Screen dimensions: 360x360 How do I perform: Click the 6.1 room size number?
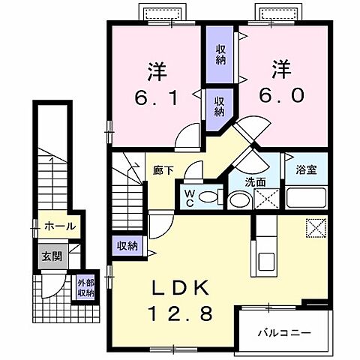[x=156, y=97]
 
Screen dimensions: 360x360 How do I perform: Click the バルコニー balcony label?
[x=284, y=331]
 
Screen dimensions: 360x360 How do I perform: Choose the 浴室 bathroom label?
[x=305, y=169]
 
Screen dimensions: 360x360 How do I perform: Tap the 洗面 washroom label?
[x=256, y=181]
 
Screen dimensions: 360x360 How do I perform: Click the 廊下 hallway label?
[x=164, y=170]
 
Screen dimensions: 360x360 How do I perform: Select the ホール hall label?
[x=59, y=226]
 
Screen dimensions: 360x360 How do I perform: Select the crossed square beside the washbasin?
[x=265, y=199]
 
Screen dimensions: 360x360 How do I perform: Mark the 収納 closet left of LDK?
[x=127, y=245]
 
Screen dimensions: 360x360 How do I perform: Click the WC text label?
[x=190, y=198]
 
